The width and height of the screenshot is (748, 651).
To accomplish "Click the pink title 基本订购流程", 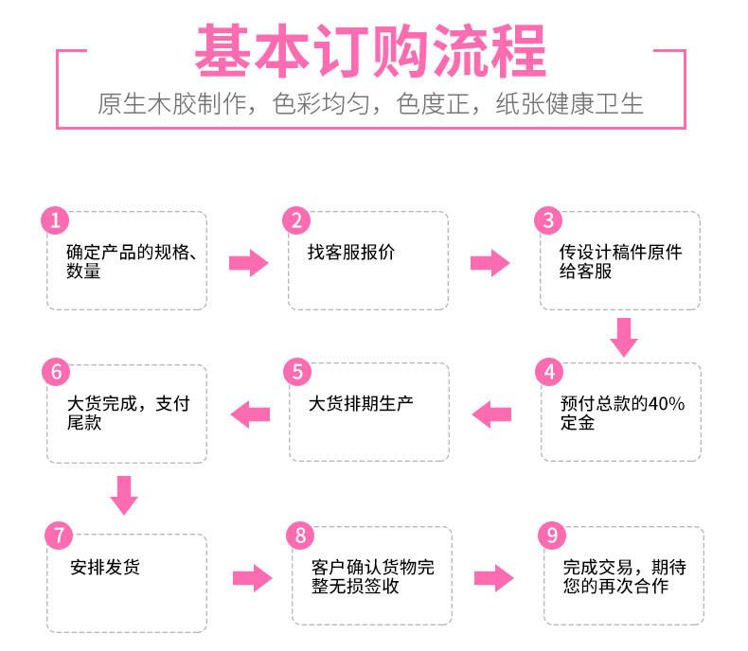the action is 370,50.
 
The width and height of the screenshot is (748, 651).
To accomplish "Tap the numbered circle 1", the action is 55,220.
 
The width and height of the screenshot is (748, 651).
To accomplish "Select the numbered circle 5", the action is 297,372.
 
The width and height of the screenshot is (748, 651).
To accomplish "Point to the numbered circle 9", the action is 552,536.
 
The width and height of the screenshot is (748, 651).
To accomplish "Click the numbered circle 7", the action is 59,536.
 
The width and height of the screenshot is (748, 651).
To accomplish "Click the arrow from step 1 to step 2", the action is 248,263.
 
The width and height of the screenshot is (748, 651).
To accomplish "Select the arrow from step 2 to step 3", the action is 490,263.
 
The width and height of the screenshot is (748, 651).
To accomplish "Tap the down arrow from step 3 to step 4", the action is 624,338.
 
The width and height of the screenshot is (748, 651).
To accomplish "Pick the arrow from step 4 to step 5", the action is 491,414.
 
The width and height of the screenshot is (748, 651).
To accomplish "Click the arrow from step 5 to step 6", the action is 251,414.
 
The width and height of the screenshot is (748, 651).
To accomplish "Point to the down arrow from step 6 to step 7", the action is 124,496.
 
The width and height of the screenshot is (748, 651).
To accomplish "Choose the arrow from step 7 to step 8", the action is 253,578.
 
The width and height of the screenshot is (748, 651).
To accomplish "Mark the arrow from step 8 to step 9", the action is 493,578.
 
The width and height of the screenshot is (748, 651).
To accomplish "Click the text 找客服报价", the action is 351,252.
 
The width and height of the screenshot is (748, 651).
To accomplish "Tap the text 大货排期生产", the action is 361,404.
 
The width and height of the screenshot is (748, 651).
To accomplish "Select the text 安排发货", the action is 105,567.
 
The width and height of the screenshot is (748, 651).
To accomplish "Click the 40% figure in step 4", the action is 667,404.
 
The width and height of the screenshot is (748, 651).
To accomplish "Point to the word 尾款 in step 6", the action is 84,423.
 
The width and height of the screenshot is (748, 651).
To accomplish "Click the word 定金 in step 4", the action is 578,423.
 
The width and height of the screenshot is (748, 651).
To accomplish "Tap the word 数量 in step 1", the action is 83,272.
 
